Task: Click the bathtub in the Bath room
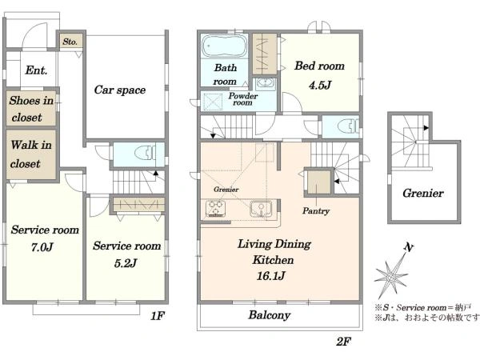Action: [224, 46]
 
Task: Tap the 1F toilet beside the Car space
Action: [146, 153]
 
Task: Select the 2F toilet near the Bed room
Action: [348, 126]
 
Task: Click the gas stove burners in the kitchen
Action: [215, 209]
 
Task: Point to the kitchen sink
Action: [261, 209]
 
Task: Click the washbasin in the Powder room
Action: [265, 83]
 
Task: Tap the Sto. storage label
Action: [70, 42]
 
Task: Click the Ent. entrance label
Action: [36, 70]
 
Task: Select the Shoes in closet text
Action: [30, 109]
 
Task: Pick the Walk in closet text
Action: [30, 154]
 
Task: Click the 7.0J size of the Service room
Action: [42, 246]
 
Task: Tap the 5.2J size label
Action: [126, 263]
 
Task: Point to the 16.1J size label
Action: [271, 276]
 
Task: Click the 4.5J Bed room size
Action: [320, 85]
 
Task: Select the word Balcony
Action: [270, 315]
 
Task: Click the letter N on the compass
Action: [409, 247]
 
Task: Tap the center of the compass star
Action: [391, 278]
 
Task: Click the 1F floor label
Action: [158, 316]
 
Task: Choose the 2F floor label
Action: [343, 342]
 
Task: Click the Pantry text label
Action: [316, 211]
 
